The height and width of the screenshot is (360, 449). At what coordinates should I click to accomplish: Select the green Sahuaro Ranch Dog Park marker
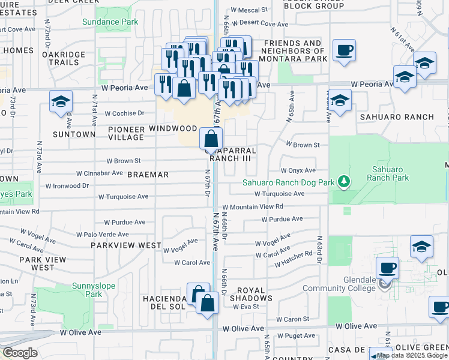coord(343,181)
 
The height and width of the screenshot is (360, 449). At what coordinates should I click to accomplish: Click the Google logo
coord(19,353)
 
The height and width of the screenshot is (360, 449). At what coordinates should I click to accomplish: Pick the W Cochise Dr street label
coord(125,113)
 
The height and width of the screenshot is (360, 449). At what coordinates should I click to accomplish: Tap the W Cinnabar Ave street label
coord(100,173)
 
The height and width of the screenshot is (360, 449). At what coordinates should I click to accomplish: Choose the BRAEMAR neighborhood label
coord(148,175)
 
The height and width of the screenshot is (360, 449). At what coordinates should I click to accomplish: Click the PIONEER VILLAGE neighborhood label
coord(126,133)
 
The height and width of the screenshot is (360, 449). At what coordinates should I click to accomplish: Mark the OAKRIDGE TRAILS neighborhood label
coord(60,58)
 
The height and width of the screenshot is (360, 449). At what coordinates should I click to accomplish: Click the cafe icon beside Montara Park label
coord(345,50)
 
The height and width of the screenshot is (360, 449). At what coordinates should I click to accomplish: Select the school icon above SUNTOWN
coord(61,101)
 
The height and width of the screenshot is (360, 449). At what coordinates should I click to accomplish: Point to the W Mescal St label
coord(249,10)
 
